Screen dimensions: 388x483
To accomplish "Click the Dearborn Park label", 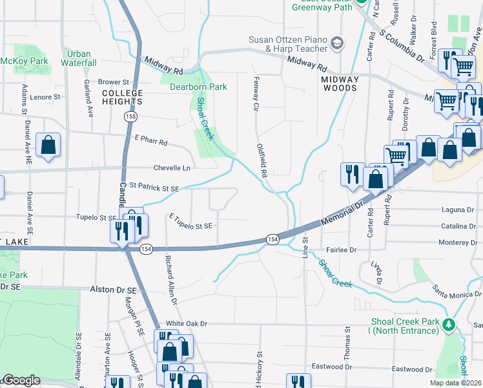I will [x=198, y=87].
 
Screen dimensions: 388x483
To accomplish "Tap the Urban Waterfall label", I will [x=79, y=58].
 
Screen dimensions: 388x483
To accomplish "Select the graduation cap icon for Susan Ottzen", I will [x=336, y=43].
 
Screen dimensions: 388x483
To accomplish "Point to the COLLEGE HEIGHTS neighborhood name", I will [x=122, y=97].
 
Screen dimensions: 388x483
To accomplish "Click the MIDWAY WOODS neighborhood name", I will [x=339, y=83].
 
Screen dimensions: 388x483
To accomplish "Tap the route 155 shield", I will [x=131, y=116].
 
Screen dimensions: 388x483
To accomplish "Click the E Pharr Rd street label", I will [x=151, y=140].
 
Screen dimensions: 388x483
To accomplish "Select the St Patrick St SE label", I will [x=154, y=187].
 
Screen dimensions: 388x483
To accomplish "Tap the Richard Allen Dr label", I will [x=171, y=279].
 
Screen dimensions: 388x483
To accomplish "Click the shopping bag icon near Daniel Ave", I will [x=49, y=145].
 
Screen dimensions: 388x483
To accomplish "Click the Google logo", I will [x=21, y=380].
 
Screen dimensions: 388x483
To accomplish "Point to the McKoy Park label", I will [x=24, y=61].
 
